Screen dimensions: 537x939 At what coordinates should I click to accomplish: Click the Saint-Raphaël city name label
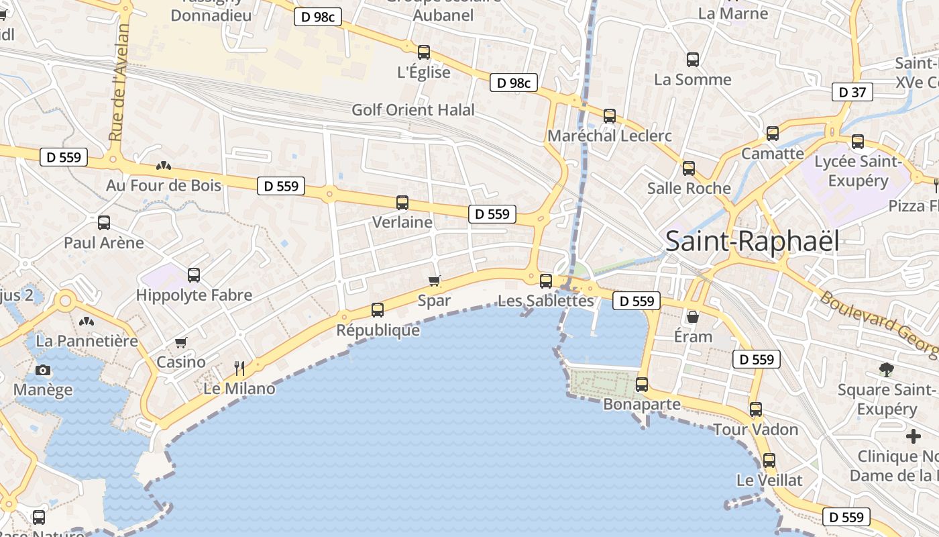(x=752, y=242)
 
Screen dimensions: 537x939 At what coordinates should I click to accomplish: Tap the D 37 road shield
(x=852, y=93)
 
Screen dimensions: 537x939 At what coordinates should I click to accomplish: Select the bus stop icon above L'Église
(x=423, y=52)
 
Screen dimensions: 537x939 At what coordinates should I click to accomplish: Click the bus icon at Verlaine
(x=402, y=202)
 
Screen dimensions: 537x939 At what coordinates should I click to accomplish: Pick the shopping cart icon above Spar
(x=434, y=281)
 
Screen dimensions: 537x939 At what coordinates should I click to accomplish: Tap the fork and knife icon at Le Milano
(x=239, y=368)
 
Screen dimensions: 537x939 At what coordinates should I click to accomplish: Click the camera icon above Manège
(x=43, y=370)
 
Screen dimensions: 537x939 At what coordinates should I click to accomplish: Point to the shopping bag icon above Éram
(x=693, y=316)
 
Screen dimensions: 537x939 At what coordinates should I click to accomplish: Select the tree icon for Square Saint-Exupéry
(x=886, y=369)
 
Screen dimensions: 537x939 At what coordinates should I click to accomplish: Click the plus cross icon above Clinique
(x=913, y=437)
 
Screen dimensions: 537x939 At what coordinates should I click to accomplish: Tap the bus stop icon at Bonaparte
(x=642, y=385)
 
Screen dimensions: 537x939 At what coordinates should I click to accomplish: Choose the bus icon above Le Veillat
(x=769, y=460)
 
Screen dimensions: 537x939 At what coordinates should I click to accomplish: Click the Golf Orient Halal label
(x=413, y=110)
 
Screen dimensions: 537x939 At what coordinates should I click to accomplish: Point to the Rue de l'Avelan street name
(x=120, y=83)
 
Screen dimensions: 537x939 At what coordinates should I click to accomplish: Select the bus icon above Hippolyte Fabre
(x=194, y=275)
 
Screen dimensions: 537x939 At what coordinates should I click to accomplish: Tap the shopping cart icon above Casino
(x=180, y=343)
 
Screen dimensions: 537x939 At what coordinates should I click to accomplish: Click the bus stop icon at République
(x=378, y=309)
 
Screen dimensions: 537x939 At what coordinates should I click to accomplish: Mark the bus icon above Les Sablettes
(x=546, y=281)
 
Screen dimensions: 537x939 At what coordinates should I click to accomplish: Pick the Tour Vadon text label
(x=755, y=430)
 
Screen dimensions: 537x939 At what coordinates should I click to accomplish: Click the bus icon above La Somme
(x=693, y=59)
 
